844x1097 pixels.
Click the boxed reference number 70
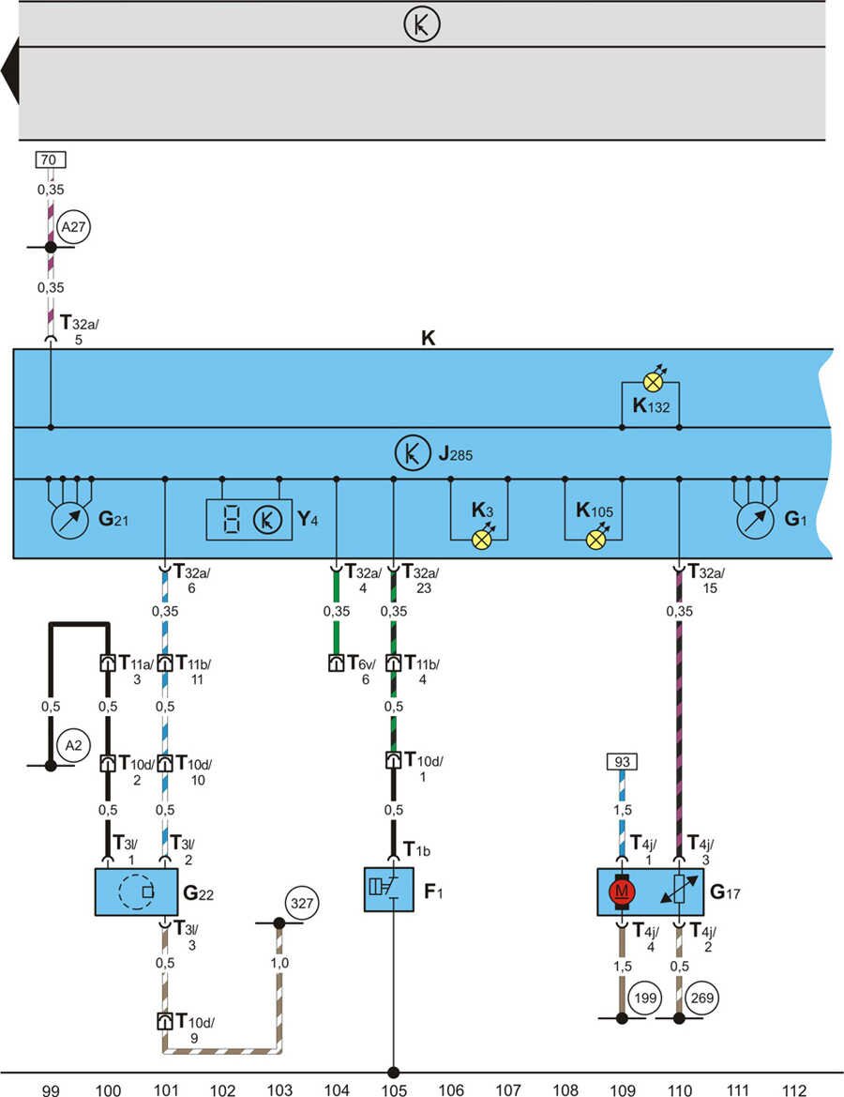(52, 160)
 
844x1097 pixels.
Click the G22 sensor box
(136, 891)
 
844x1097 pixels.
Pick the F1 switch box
(388, 889)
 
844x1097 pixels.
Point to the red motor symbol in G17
(621, 891)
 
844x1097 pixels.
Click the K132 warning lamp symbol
(651, 382)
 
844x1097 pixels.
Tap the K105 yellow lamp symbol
(595, 540)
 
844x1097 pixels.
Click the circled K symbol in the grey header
(422, 25)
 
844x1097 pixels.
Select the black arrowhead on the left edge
(10, 73)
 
